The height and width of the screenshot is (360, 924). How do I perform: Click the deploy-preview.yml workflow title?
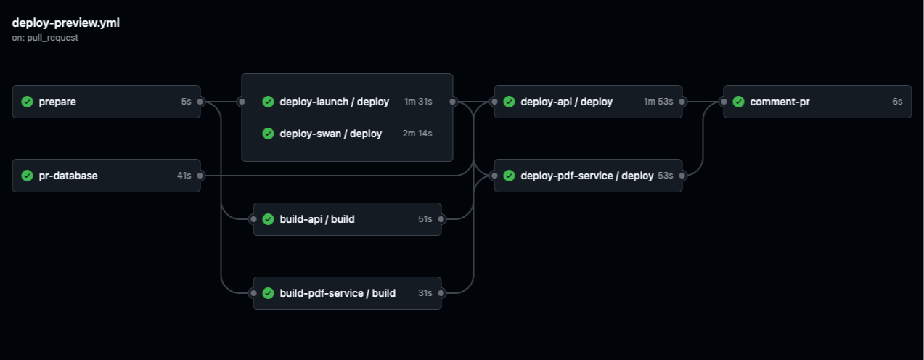(66, 22)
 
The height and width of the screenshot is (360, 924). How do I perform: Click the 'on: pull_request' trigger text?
(45, 37)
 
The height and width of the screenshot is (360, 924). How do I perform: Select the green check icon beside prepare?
(28, 102)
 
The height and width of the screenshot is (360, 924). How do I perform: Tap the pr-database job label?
(68, 176)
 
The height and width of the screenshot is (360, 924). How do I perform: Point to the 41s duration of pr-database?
(184, 176)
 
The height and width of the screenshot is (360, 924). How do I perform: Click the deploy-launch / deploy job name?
(334, 102)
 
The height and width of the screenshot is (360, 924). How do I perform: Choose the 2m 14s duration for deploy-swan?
(417, 134)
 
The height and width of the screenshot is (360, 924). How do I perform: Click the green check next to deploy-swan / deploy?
(268, 134)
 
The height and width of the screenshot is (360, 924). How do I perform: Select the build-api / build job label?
(316, 219)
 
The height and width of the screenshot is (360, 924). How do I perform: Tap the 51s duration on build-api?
(425, 219)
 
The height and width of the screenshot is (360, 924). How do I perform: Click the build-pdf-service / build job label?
(338, 293)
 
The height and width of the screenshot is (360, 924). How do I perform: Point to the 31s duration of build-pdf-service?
(425, 293)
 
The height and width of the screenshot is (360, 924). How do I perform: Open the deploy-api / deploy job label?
(566, 102)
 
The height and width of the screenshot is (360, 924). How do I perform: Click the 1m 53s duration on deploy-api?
(658, 102)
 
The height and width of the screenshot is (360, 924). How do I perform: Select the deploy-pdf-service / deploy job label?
(586, 176)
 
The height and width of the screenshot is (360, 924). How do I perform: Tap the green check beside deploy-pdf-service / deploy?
(509, 176)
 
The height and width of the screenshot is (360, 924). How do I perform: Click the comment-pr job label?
(780, 102)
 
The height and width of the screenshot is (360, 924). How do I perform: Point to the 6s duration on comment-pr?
(897, 102)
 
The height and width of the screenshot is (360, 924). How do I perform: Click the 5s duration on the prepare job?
(186, 102)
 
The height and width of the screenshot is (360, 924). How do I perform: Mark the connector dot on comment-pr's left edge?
(724, 102)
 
